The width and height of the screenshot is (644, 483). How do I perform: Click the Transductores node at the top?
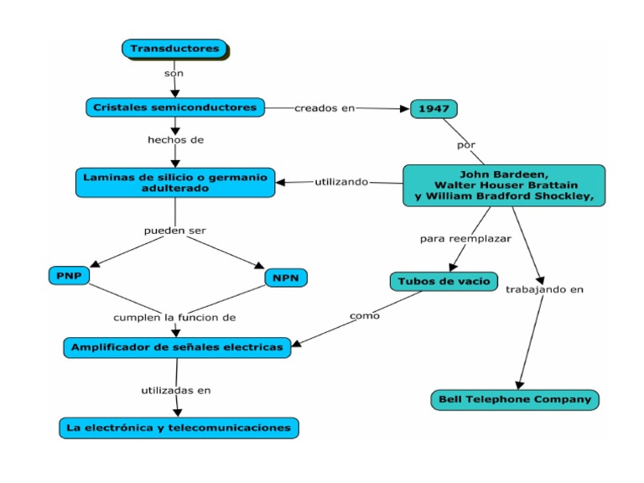tap(174, 49)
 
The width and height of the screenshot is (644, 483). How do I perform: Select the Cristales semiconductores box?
tap(175, 107)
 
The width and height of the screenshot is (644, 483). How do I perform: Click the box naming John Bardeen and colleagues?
tap(503, 185)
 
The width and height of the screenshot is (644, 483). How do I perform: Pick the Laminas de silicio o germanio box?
tap(174, 183)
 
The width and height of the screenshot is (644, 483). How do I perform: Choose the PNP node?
tap(69, 276)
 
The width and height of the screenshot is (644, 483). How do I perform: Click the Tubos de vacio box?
tap(444, 281)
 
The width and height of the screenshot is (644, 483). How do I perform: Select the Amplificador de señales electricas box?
tap(177, 347)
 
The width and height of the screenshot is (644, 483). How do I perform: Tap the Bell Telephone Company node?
tap(516, 399)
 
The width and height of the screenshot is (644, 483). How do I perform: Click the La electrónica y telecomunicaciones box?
tap(179, 428)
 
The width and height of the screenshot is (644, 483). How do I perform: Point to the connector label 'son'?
tap(174, 74)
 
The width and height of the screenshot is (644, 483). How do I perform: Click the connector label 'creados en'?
tap(324, 108)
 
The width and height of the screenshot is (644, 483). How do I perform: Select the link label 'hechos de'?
tap(175, 140)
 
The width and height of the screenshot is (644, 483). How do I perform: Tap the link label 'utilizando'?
tap(341, 182)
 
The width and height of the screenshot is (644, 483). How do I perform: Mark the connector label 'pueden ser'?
tap(174, 230)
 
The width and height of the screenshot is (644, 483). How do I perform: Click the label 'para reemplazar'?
tap(465, 239)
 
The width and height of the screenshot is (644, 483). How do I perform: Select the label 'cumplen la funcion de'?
tap(175, 318)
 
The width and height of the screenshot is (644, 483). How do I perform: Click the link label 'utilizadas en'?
tap(175, 390)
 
